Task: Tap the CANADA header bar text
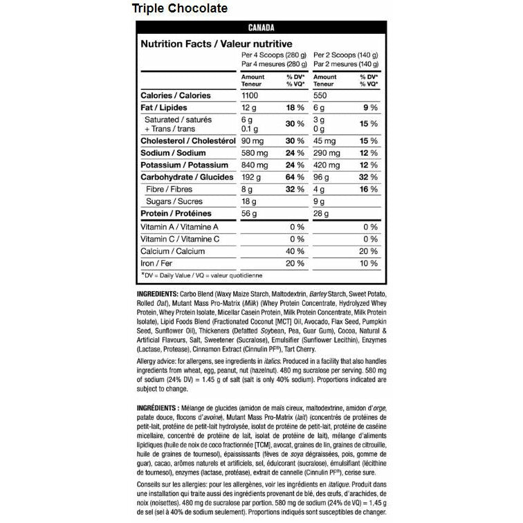click(x=261, y=28)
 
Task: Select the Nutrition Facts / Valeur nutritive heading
click(x=207, y=44)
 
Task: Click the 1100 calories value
click(x=252, y=95)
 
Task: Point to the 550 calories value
click(x=322, y=95)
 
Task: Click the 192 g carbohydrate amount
click(x=253, y=177)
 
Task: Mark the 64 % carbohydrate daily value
click(x=295, y=177)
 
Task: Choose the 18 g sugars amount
click(x=250, y=201)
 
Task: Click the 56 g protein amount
click(x=250, y=214)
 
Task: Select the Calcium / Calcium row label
click(x=172, y=251)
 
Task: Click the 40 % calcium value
click(x=295, y=251)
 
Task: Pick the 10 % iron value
click(x=369, y=264)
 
